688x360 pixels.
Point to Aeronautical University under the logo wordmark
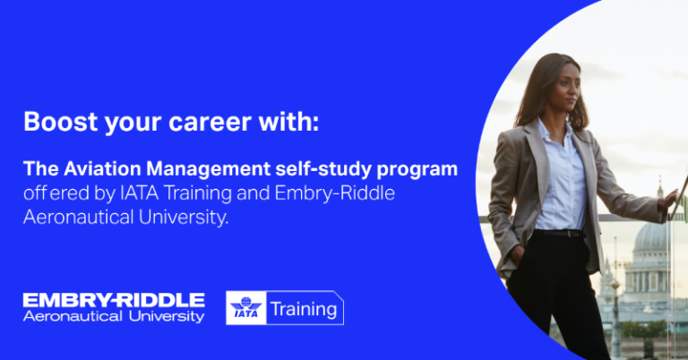[x=114, y=316]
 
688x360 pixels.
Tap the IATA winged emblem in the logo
[x=245, y=308]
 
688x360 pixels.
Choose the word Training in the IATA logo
[x=304, y=310]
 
